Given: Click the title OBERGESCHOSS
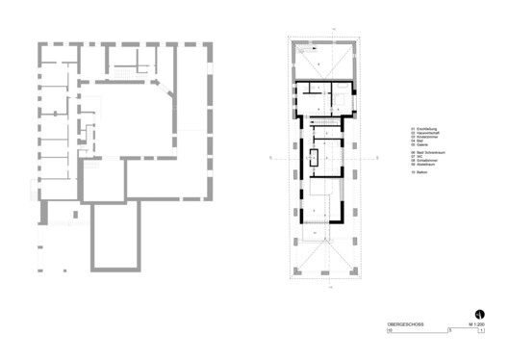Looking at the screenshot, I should [x=393, y=325].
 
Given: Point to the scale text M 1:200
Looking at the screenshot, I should [x=474, y=325].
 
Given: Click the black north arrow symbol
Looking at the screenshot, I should [x=477, y=312].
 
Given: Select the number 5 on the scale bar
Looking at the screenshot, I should [x=449, y=331].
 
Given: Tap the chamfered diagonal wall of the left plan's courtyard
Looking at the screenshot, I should [x=164, y=96].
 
